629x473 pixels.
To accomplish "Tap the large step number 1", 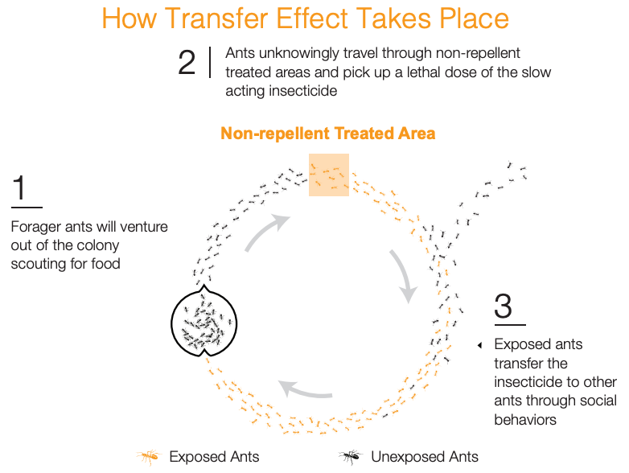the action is (x=18, y=187).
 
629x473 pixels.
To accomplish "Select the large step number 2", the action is (x=187, y=63).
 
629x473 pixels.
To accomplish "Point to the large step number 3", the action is (x=503, y=306).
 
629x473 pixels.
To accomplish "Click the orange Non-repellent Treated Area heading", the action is (x=327, y=134).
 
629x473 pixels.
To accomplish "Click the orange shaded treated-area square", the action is (x=328, y=175).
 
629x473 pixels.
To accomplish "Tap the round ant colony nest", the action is (x=203, y=321).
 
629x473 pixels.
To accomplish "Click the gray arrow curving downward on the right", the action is (x=405, y=274).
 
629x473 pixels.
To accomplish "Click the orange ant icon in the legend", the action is (x=149, y=457).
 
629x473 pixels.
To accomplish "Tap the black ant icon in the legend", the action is (x=350, y=457).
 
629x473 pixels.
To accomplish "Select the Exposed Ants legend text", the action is (x=214, y=457).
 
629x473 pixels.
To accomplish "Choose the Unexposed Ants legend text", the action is (x=425, y=457).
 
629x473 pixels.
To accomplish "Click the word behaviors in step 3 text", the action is (x=525, y=420).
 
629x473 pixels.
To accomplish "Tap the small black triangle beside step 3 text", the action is (x=479, y=345).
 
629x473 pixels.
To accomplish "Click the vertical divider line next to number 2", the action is (x=210, y=62).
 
